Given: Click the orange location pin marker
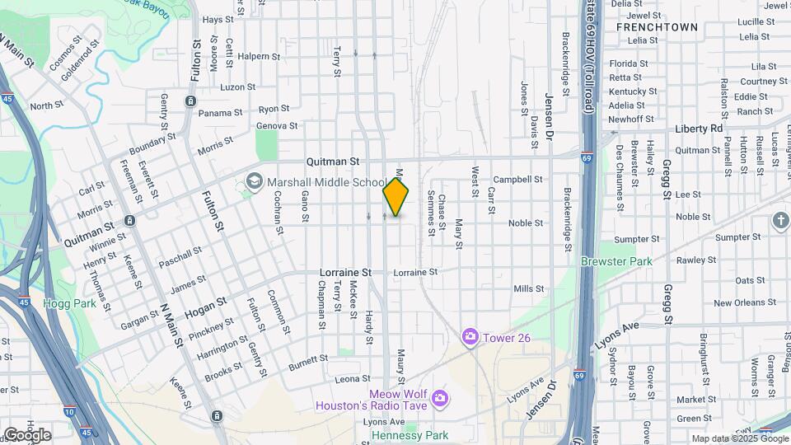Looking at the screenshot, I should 396,198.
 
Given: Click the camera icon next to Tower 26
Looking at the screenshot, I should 470,336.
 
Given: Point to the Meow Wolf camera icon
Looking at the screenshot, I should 439,399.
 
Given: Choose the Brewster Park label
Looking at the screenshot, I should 615,261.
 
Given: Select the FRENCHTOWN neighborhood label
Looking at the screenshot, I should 657,27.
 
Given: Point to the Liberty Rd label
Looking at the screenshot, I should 698,129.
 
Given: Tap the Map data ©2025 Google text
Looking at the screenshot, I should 739,439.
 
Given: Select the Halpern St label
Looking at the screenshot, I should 254,56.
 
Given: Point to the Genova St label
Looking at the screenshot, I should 277,126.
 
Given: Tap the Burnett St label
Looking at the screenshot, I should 309,359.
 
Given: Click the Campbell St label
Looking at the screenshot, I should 517,179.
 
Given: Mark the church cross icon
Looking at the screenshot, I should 780,220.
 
